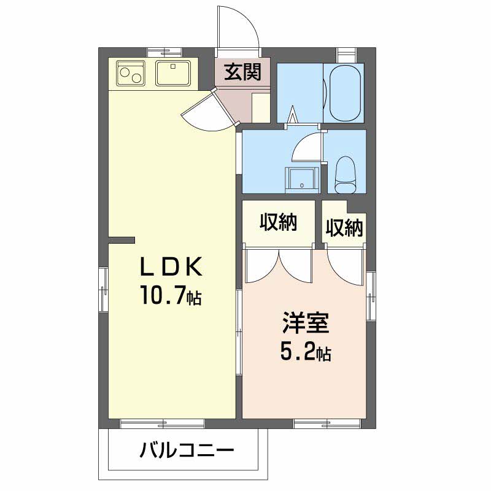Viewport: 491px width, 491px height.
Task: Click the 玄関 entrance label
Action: click(x=242, y=72)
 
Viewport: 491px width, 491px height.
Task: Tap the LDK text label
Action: click(x=171, y=267)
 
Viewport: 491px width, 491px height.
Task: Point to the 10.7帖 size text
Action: click(x=171, y=295)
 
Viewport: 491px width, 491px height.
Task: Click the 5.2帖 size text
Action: click(x=306, y=351)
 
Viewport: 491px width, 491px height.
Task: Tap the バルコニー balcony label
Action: click(x=187, y=451)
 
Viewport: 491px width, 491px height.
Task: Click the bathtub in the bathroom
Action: click(x=345, y=93)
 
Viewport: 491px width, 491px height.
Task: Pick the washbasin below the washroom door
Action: click(x=302, y=180)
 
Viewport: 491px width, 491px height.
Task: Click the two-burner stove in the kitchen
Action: click(x=131, y=73)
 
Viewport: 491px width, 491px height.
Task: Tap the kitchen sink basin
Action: click(x=173, y=73)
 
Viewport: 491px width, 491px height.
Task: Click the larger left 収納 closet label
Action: click(x=278, y=223)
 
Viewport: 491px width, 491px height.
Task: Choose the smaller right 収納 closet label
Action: click(x=344, y=228)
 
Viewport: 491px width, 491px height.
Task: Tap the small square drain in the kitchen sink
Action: click(x=173, y=66)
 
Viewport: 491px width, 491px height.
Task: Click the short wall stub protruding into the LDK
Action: click(x=122, y=240)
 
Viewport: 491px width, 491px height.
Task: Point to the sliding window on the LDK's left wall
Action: click(x=104, y=289)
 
